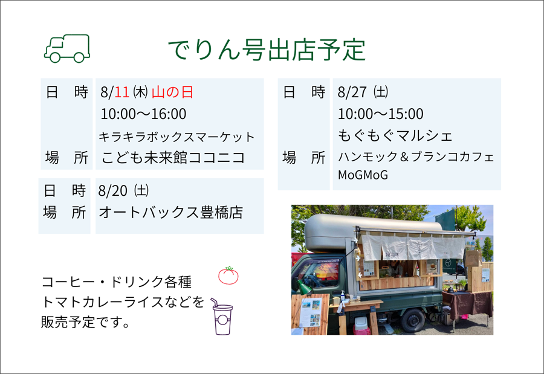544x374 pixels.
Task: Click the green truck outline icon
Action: (67, 48)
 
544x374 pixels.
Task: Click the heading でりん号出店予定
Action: (267, 50)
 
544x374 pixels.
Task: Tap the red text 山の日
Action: (172, 92)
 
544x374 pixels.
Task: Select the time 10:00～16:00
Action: (143, 114)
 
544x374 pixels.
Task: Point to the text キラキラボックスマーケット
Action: (176, 137)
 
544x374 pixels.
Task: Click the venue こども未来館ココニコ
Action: (173, 158)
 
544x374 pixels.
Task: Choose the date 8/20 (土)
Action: (123, 190)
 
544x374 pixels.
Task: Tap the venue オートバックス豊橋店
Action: (170, 212)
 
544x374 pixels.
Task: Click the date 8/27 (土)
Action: (363, 92)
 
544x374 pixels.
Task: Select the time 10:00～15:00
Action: (381, 114)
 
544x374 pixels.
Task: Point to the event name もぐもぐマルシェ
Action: (395, 135)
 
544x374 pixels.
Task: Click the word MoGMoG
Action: (363, 175)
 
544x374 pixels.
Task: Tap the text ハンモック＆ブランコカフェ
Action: (416, 157)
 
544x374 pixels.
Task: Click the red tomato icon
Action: (228, 276)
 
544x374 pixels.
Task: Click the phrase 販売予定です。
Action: (85, 322)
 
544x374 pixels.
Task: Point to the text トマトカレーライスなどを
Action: (123, 302)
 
